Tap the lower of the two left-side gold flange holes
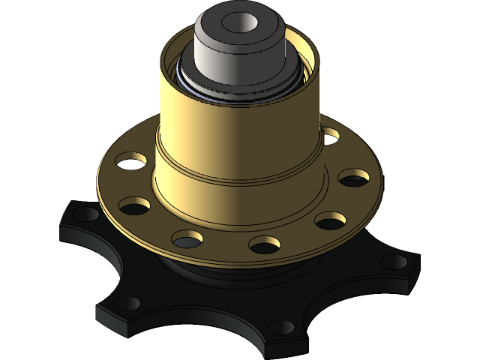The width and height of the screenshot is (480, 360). tap(133, 203)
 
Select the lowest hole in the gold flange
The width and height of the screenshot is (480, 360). tap(264, 244)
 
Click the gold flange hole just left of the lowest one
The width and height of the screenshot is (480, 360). tap(187, 238)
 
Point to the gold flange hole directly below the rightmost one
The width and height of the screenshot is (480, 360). tap(330, 220)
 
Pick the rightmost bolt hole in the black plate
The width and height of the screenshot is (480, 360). tap(394, 262)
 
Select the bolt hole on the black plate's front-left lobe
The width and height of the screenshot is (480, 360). tap(127, 303)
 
